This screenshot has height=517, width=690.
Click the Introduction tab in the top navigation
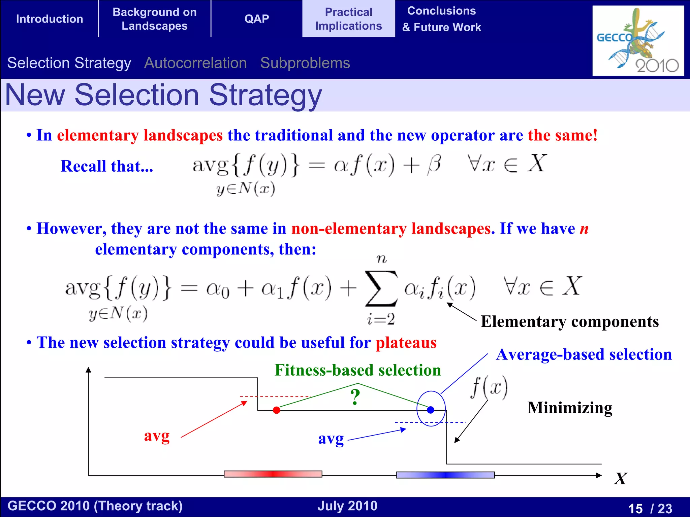coord(50,19)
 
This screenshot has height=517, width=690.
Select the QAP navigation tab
coord(257,19)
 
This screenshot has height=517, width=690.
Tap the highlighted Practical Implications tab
coord(348,19)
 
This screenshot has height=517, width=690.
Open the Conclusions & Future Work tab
coord(441,19)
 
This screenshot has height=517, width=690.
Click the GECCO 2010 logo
coord(638,40)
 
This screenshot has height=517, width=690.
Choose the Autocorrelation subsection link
coord(195,63)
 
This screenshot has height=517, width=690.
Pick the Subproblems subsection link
coord(305,63)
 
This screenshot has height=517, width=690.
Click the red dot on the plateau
coord(277,410)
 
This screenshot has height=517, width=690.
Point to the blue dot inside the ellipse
coord(431,410)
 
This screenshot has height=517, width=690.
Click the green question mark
coord(355,397)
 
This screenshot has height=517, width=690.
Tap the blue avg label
coord(331,439)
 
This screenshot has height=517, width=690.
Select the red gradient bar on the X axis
coord(273,474)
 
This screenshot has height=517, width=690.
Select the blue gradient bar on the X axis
coord(445,475)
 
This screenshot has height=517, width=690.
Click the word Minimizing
coord(570,408)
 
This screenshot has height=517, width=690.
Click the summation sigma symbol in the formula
coord(381,289)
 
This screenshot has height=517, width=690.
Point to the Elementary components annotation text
coord(569,321)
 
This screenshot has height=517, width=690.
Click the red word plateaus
coord(406,343)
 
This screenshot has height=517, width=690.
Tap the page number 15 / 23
coord(650,508)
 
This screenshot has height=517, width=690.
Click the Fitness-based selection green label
coord(357,370)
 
